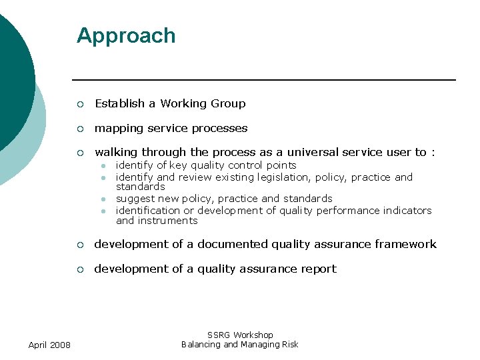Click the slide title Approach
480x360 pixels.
click(x=126, y=35)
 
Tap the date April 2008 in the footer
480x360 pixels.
click(x=51, y=344)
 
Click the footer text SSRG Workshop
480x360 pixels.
click(x=240, y=335)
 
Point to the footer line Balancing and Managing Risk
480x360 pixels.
click(x=240, y=344)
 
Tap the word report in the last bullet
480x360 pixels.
click(x=318, y=269)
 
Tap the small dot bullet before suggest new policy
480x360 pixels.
click(x=103, y=199)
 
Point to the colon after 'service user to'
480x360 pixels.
click(x=433, y=153)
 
